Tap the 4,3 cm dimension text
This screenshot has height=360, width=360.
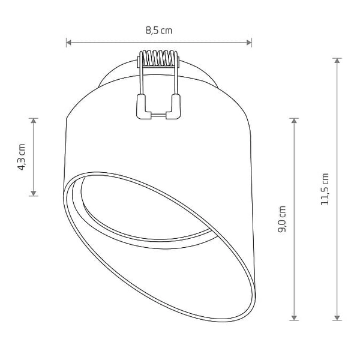[x=22, y=157]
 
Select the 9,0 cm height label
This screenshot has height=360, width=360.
[x=283, y=219]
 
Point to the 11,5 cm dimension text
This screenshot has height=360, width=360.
[x=325, y=190]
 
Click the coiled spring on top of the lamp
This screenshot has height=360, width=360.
[x=160, y=58]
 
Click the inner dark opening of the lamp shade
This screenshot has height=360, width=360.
[x=144, y=210]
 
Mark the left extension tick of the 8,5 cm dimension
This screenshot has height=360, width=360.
[x=66, y=42]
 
